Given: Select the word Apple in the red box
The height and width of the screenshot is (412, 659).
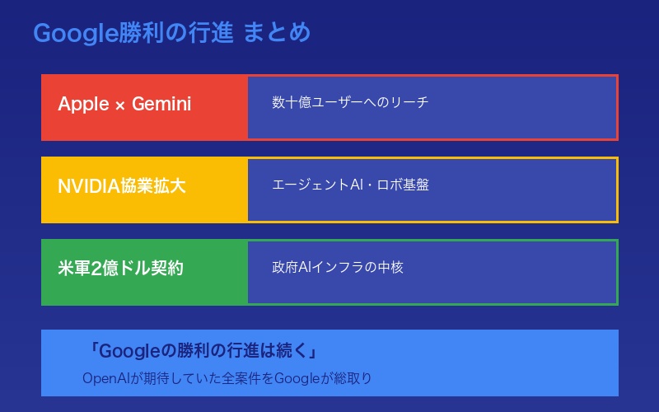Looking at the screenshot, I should (83, 104).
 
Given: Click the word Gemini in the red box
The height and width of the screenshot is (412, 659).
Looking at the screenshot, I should (161, 104).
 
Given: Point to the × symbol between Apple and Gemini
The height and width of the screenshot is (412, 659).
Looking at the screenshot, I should (120, 105).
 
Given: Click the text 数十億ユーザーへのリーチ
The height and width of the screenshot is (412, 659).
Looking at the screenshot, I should (350, 103).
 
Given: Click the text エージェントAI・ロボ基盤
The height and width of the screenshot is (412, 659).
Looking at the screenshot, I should (350, 185).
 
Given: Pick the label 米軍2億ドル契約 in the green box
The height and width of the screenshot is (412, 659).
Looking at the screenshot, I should (120, 269).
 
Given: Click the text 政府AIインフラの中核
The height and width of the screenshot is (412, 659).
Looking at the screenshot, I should (338, 268).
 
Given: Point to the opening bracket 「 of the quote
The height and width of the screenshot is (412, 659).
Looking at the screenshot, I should (93, 351).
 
